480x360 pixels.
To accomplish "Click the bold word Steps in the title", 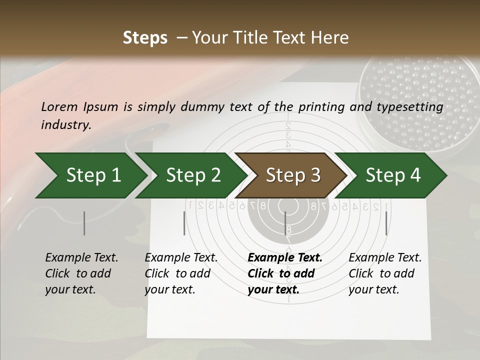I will [x=145, y=38].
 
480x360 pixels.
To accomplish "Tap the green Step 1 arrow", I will [x=93, y=175].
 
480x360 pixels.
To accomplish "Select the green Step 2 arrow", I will [x=193, y=175].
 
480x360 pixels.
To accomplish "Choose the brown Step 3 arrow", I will [x=292, y=175].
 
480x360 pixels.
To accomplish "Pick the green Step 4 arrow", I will [x=392, y=175].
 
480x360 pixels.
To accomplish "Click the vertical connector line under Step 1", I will [x=84, y=223].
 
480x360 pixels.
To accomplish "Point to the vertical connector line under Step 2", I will [x=184, y=223].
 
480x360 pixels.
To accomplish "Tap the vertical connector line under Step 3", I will [x=285, y=223].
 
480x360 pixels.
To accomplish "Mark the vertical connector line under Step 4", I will [x=386, y=223].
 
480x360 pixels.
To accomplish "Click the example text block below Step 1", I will [x=81, y=273].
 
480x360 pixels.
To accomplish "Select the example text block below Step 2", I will [x=181, y=273].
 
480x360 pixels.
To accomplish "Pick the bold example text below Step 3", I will [x=284, y=273].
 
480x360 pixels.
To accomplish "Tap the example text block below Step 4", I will [x=385, y=273].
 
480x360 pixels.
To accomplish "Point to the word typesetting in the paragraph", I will [x=414, y=107].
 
